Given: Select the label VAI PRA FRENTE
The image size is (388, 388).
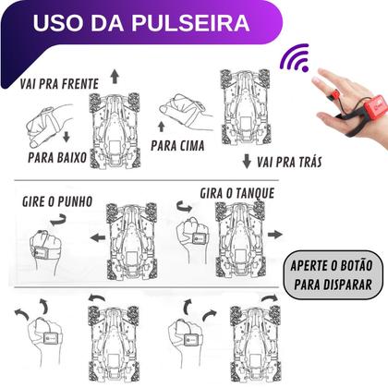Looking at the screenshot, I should (61, 83).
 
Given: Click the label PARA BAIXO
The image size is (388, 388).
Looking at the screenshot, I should (56, 158).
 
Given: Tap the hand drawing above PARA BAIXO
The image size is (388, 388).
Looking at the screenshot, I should (41, 118).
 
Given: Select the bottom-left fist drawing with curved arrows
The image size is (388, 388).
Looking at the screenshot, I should (43, 346).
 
